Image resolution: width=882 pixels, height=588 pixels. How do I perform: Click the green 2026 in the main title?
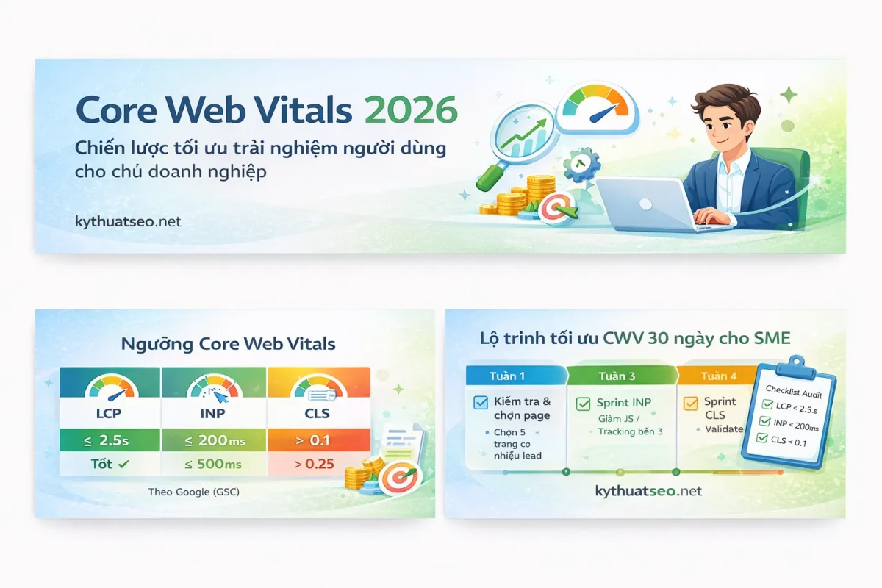pos(411,110)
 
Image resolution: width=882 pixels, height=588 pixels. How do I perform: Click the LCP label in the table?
pos(109,413)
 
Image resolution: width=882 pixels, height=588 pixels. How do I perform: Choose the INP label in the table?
pos(213,413)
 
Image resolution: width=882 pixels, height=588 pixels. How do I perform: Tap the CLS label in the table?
pos(318,413)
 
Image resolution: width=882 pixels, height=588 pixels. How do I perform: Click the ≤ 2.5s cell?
pos(109,441)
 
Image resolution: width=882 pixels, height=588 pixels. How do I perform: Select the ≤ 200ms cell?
pos(213,441)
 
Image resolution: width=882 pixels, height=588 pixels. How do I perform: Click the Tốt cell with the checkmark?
pos(109,465)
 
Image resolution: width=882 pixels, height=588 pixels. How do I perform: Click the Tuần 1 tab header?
pos(507,376)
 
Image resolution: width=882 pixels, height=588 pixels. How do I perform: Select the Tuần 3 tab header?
pos(617,376)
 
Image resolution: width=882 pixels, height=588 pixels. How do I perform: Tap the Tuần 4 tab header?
pos(718,376)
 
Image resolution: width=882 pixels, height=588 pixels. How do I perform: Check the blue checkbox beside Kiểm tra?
pos(481,402)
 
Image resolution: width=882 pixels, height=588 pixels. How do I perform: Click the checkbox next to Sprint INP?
pos(583,403)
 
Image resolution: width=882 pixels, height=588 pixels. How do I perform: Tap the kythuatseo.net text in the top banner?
pos(128,220)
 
